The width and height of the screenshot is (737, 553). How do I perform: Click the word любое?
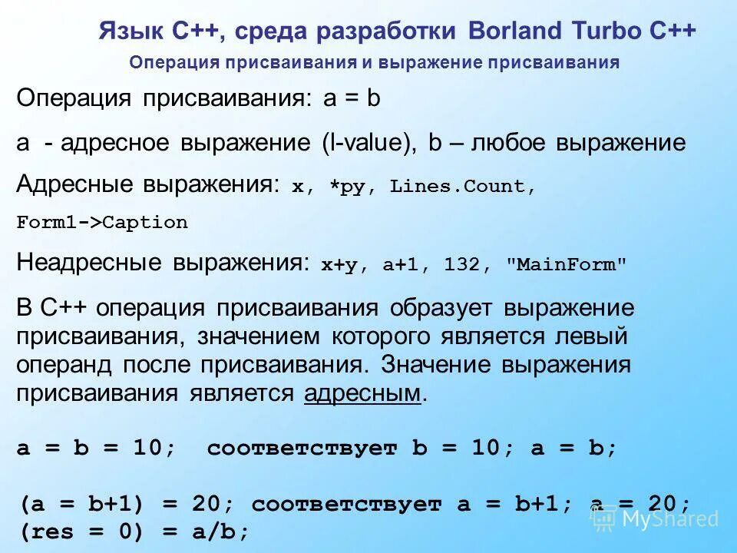514,143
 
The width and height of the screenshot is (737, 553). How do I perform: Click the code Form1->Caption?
102,223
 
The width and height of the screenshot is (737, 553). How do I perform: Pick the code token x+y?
340,265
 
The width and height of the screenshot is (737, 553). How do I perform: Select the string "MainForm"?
567,265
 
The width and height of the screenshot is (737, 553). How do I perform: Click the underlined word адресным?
363,394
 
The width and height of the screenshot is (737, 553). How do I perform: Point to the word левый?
591,336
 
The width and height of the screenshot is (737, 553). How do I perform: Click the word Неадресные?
90,263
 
